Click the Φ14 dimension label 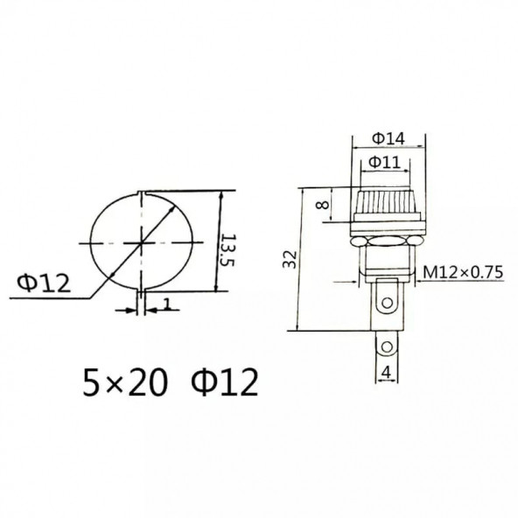click(x=387, y=137)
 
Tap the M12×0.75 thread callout click(x=463, y=273)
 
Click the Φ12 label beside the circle click(x=43, y=282)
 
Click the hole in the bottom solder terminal click(x=385, y=347)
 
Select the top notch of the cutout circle click(x=140, y=193)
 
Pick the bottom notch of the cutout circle click(x=140, y=288)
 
